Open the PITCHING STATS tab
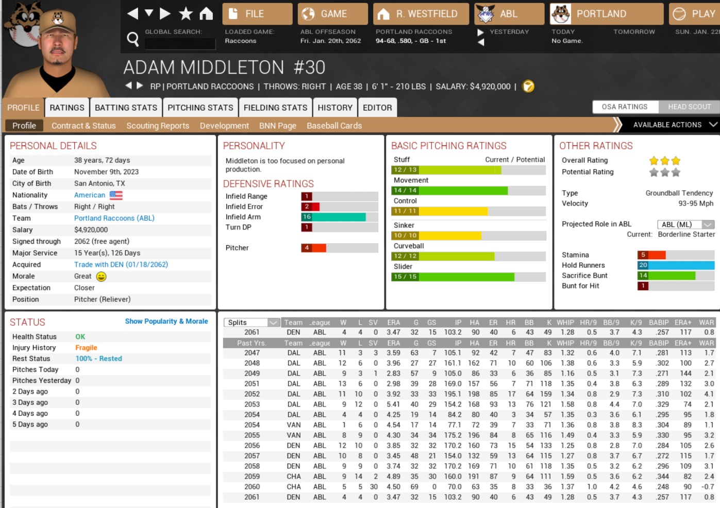pyautogui.click(x=200, y=108)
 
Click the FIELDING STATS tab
pyautogui.click(x=275, y=108)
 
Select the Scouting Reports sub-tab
pyautogui.click(x=158, y=126)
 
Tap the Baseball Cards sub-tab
pyautogui.click(x=334, y=126)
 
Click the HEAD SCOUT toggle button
pyautogui.click(x=689, y=107)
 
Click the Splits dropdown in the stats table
pyautogui.click(x=252, y=323)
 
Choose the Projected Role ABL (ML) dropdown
pyautogui.click(x=685, y=224)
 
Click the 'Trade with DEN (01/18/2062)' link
pyautogui.click(x=121, y=264)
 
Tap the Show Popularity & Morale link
pyautogui.click(x=166, y=321)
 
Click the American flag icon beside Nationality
pyautogui.click(x=116, y=195)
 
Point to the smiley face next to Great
pyautogui.click(x=102, y=277)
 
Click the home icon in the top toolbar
pyautogui.click(x=206, y=14)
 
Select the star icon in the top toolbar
pyautogui.click(x=186, y=14)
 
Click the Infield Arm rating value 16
pyautogui.click(x=307, y=217)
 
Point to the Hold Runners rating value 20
pyautogui.click(x=643, y=265)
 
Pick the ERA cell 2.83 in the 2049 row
pyautogui.click(x=393, y=374)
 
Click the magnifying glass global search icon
pyautogui.click(x=133, y=39)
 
